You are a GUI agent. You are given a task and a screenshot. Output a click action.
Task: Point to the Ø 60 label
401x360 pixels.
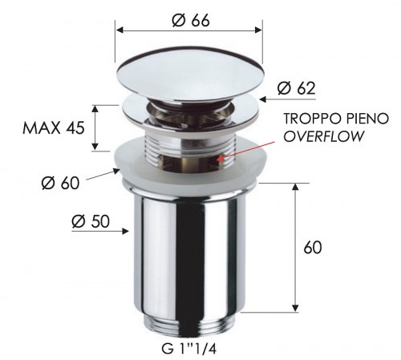pyautogui.click(x=59, y=184)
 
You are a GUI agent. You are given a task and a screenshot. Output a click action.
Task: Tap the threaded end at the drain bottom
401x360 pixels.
pyautogui.click(x=190, y=326)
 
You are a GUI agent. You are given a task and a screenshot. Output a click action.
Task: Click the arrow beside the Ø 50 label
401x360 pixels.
pyautogui.click(x=116, y=233)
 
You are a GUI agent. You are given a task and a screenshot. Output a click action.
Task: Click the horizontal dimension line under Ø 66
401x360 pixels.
pyautogui.click(x=190, y=30)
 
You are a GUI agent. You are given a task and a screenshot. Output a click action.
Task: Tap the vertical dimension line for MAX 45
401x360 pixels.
pyautogui.click(x=95, y=127)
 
